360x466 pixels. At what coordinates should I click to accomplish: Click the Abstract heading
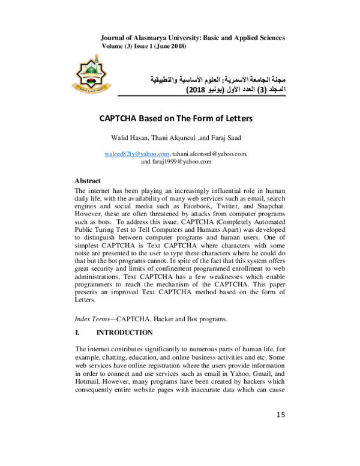88,180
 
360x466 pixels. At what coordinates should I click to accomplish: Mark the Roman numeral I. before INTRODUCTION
77,332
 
